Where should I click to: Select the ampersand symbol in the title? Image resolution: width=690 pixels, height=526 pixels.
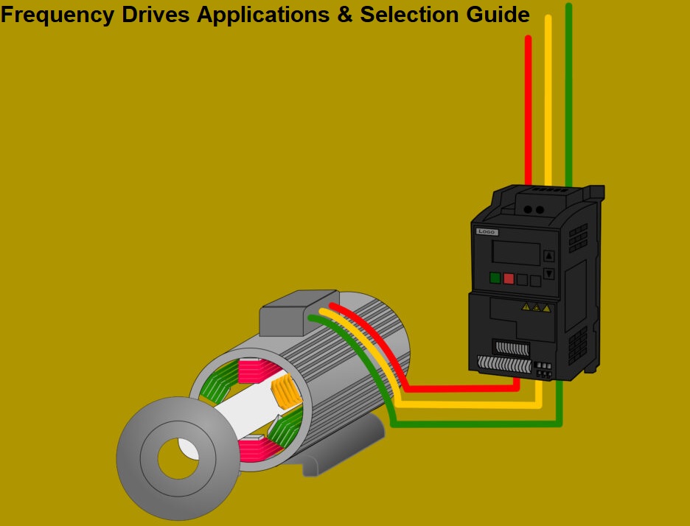pos(344,15)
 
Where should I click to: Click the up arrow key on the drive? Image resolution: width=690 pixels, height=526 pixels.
pos(548,256)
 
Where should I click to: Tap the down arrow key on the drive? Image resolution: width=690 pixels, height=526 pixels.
pos(548,274)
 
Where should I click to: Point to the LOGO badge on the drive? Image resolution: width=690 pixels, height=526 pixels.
pos(487,232)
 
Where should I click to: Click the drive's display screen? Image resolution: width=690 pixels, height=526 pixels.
pos(516,254)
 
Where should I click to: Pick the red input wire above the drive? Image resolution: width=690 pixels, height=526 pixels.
pos(528,111)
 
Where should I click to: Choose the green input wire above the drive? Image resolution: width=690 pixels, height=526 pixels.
pos(568,96)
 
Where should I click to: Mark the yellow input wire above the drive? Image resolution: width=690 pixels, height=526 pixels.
pos(548,103)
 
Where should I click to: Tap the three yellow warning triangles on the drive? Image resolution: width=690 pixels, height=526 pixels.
pos(536,307)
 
